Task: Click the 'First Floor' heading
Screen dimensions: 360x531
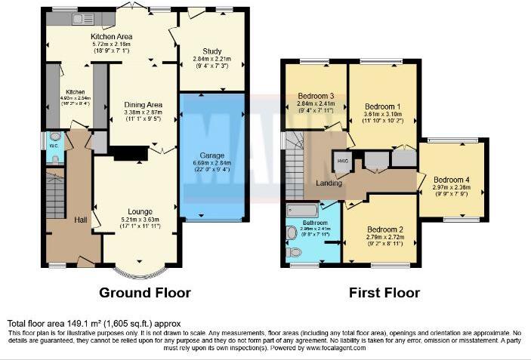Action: pyautogui.click(x=384, y=292)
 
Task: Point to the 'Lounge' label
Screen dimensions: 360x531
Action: pyautogui.click(x=140, y=211)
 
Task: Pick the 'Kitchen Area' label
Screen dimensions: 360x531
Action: pyautogui.click(x=111, y=36)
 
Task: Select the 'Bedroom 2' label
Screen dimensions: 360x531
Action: pyautogui.click(x=384, y=230)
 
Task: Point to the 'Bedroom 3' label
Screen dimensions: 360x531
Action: pyautogui.click(x=316, y=96)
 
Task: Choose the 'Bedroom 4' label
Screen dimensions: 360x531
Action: pyautogui.click(x=452, y=180)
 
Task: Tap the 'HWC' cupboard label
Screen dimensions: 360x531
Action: pyautogui.click(x=343, y=161)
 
